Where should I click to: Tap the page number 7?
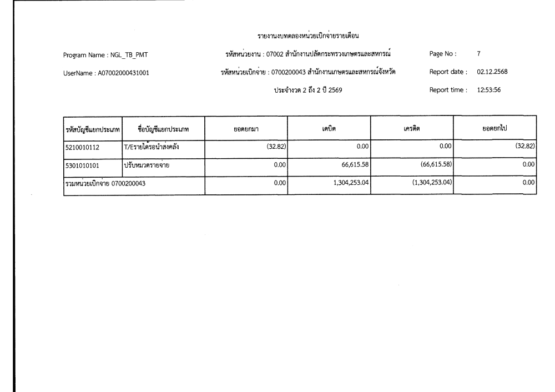(478, 54)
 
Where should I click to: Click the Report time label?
(449, 89)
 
